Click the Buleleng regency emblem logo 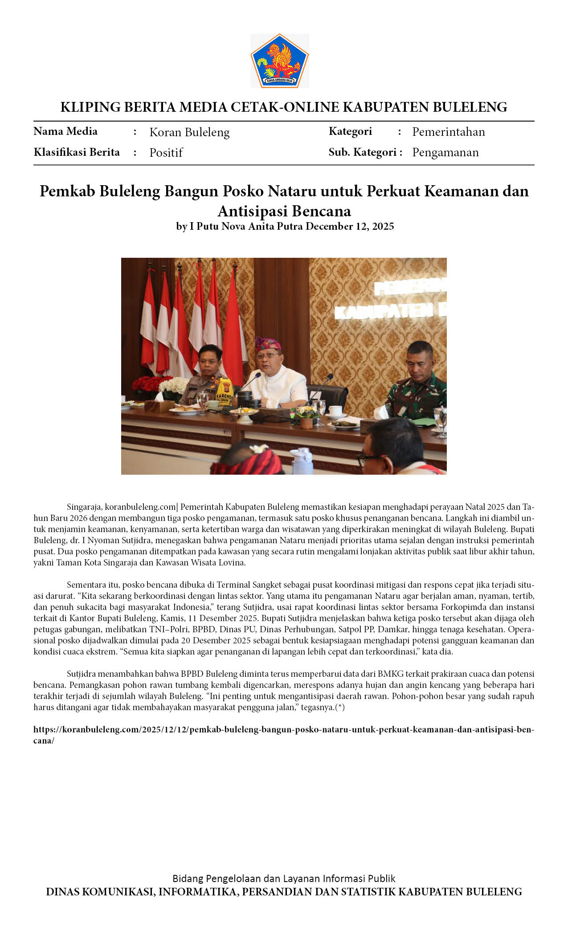pos(279,61)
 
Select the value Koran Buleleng pos(189,132)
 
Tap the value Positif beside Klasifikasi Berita pos(166,153)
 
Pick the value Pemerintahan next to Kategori pos(448,132)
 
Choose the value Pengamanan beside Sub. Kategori pos(445,152)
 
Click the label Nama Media pos(65,131)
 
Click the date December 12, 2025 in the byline pos(350,226)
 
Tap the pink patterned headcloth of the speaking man pos(268,344)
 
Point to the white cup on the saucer pos(335,411)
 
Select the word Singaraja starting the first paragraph pos(85,507)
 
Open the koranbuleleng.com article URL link pos(284,729)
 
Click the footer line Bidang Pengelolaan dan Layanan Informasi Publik pos(284,878)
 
